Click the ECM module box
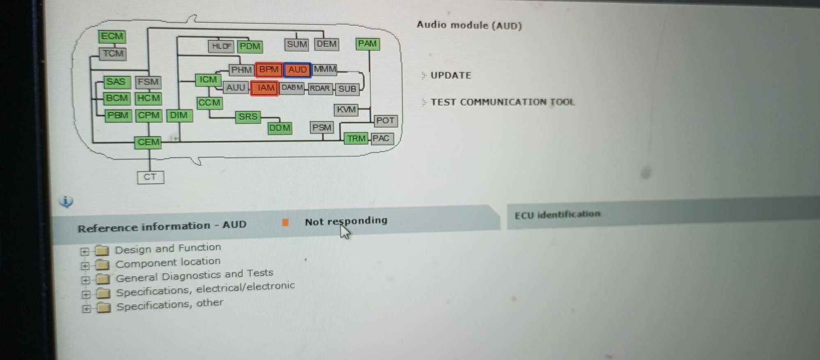[x=112, y=36]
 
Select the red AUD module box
[x=297, y=70]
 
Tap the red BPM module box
[x=269, y=69]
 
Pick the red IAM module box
[x=265, y=88]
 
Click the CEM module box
[x=148, y=142]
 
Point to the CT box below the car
[x=150, y=177]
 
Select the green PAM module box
[x=368, y=44]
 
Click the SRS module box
[x=248, y=117]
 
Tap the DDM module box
[x=280, y=128]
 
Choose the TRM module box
[x=356, y=139]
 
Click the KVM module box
[x=346, y=110]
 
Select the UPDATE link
[x=450, y=76]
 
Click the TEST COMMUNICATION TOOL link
[x=502, y=102]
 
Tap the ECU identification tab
[x=557, y=215]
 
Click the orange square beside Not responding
[x=285, y=222]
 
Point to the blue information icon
[x=66, y=202]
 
